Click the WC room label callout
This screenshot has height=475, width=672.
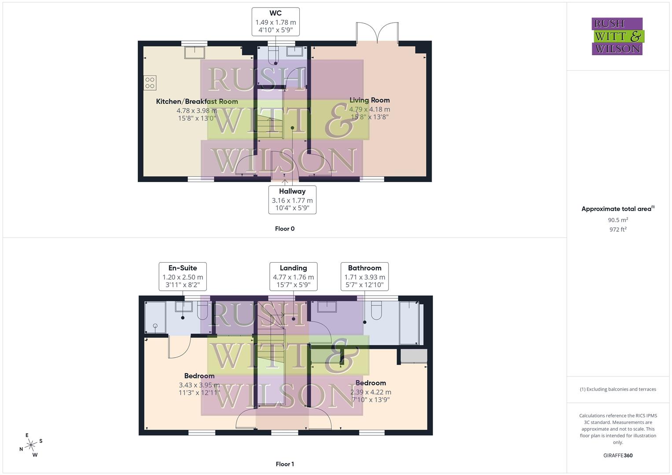[275, 22]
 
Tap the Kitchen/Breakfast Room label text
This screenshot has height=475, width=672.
[197, 102]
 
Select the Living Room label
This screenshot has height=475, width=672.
[369, 100]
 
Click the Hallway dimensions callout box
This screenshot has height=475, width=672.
[292, 200]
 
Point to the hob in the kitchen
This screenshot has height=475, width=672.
[150, 83]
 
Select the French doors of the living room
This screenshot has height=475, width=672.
[377, 33]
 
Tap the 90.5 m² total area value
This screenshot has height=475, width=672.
[617, 220]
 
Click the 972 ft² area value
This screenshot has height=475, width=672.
[617, 230]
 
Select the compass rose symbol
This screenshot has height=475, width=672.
[31, 445]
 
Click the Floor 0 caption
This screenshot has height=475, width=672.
[285, 229]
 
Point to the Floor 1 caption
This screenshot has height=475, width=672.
[285, 464]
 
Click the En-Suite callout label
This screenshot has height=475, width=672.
[183, 276]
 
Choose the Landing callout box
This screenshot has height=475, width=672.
[293, 276]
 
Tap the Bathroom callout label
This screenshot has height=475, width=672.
[364, 276]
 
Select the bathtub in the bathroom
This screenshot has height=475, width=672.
[409, 323]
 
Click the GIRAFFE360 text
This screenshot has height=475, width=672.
[617, 455]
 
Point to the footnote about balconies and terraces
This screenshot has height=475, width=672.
[617, 389]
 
